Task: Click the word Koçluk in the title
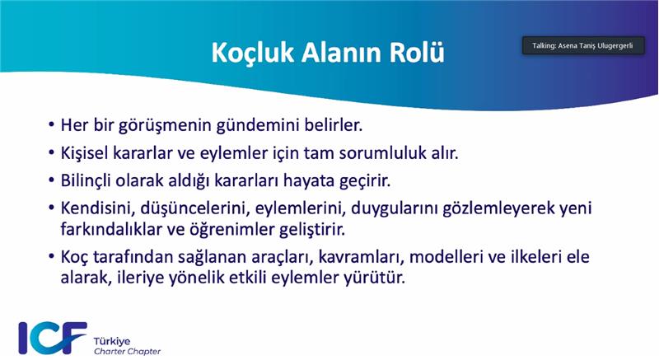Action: point(252,53)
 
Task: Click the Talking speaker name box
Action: point(583,45)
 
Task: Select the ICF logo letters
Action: point(52,338)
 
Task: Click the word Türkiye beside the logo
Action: point(112,341)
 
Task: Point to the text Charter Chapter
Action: point(128,351)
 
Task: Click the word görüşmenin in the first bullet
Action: point(164,125)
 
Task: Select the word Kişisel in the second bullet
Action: point(84,153)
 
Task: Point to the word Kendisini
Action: point(98,208)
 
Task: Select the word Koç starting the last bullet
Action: point(74,257)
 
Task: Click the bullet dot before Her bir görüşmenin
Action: point(51,125)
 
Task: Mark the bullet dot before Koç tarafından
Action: point(51,257)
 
